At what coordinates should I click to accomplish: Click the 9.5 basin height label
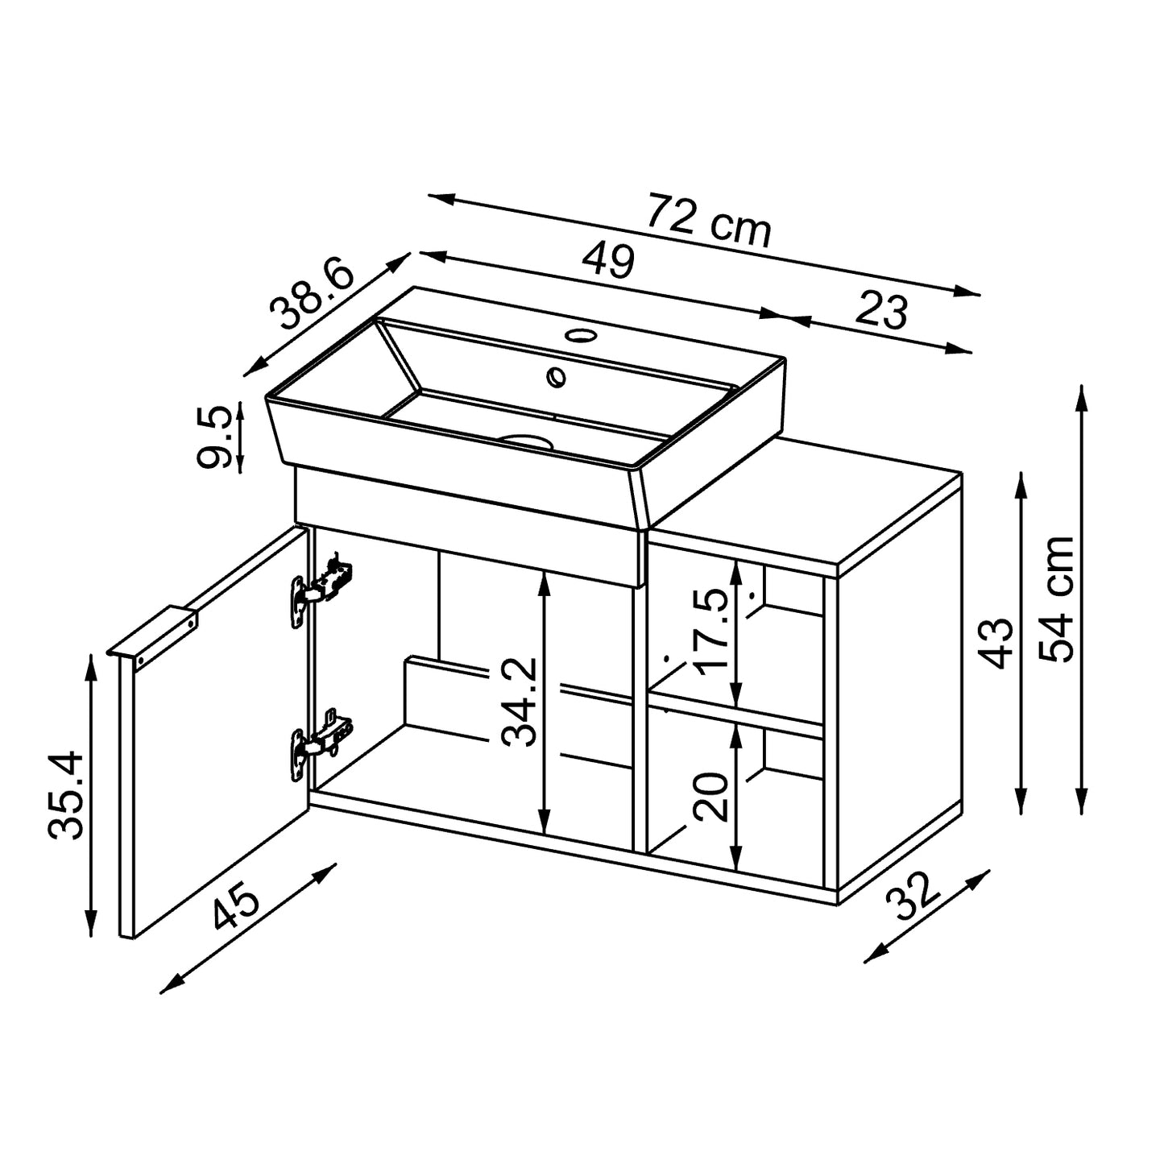click(214, 436)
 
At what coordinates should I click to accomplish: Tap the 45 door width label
click(235, 905)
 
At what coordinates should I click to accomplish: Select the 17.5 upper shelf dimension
click(714, 631)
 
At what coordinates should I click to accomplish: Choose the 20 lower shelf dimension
click(711, 796)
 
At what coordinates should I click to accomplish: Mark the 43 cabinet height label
click(999, 642)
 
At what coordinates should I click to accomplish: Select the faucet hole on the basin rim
click(578, 334)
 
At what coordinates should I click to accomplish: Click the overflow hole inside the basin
click(556, 375)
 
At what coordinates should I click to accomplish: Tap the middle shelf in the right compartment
click(735, 713)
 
